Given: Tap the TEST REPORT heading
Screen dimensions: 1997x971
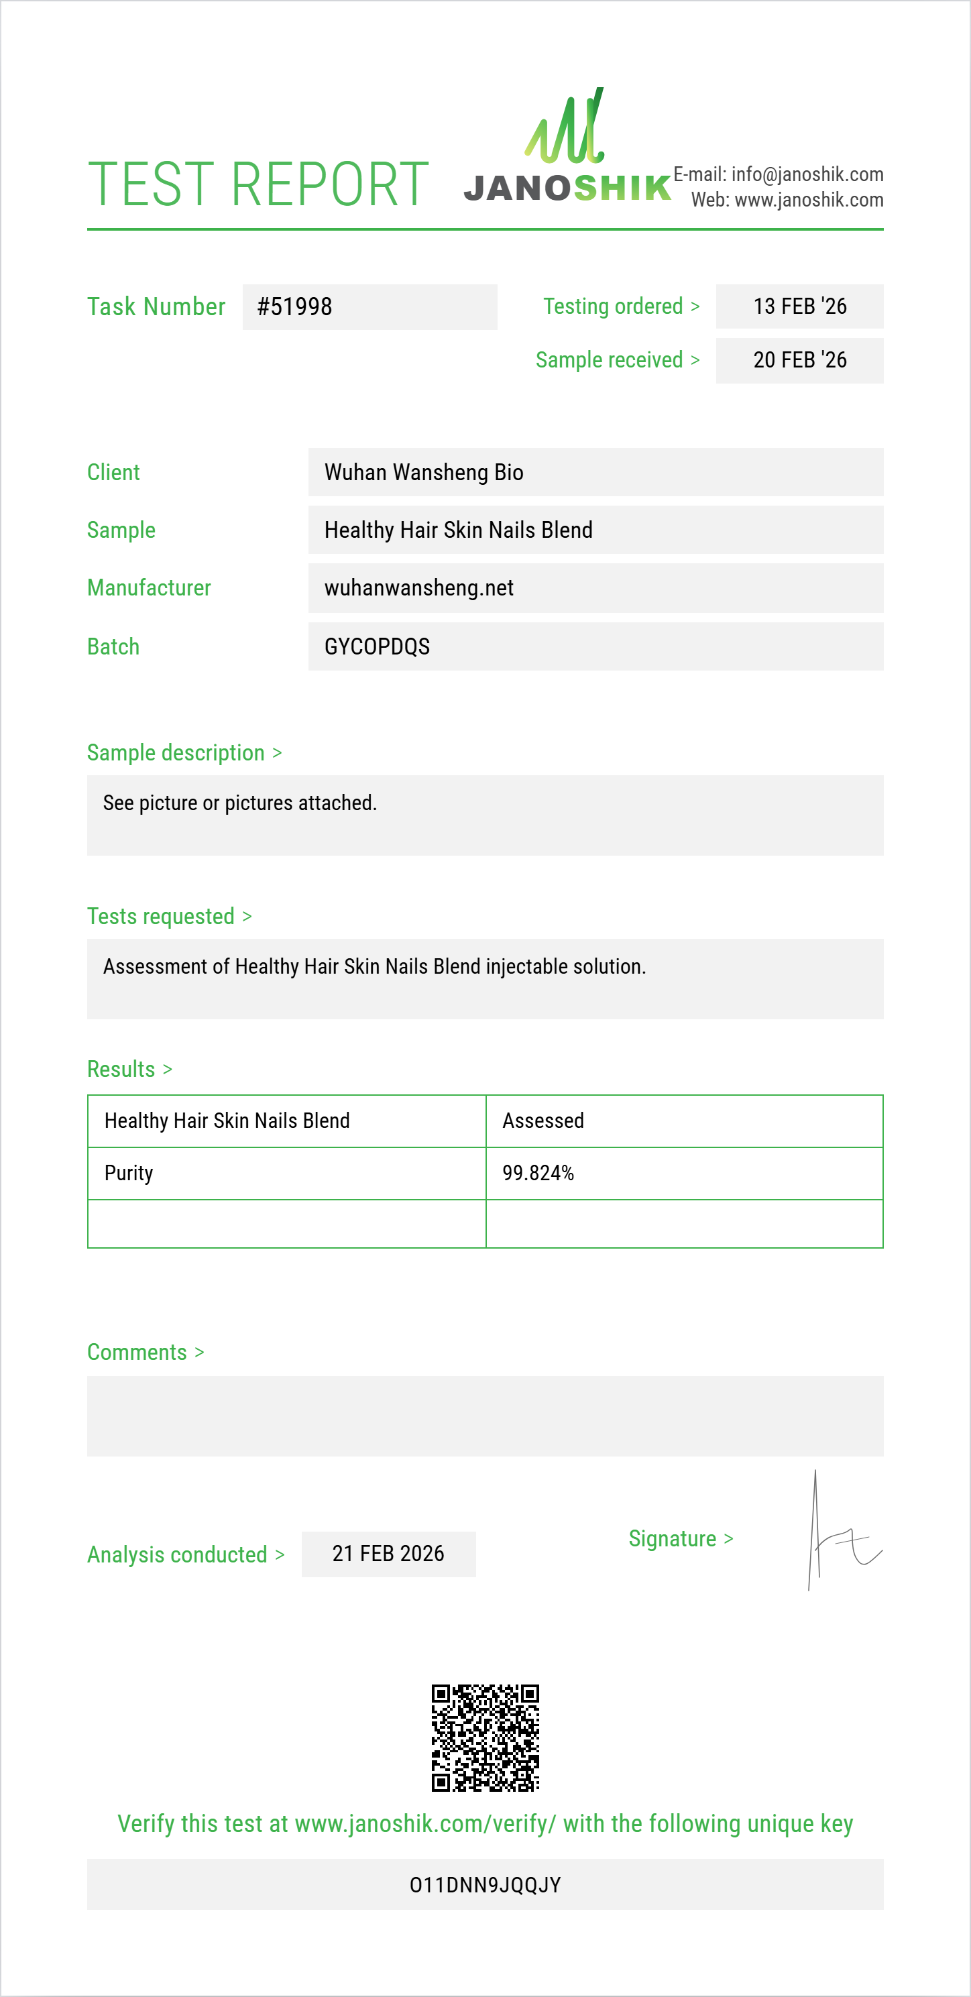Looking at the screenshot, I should point(258,184).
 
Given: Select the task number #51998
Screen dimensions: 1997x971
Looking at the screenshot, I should point(294,307).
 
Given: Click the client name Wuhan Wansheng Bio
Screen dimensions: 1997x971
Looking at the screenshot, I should point(423,472).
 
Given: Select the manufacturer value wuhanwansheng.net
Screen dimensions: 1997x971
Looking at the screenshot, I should point(418,587).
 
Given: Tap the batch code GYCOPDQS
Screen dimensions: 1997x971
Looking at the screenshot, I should point(377,646).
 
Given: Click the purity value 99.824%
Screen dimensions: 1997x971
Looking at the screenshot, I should point(538,1173).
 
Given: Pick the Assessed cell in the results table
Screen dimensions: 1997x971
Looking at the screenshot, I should point(542,1121).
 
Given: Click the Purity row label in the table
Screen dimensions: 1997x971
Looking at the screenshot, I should point(129,1173).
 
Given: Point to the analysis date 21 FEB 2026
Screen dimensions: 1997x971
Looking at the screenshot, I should point(388,1554).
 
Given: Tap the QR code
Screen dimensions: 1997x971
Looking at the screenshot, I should point(485,1737).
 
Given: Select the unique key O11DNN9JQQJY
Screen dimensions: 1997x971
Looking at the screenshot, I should point(485,1884).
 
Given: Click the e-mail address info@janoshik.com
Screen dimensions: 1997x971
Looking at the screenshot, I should point(807,174).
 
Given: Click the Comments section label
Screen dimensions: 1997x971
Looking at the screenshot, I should point(137,1352).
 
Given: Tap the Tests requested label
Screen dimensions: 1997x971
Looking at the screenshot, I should point(160,916).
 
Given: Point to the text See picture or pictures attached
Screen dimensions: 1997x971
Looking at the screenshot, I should point(239,803).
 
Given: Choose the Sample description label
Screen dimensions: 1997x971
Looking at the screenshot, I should point(176,753).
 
